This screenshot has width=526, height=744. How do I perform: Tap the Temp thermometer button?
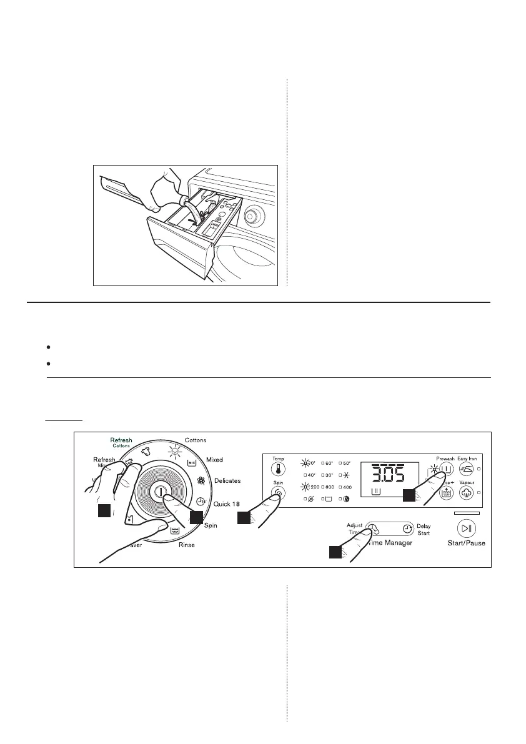(278, 469)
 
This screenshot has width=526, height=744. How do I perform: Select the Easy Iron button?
(466, 469)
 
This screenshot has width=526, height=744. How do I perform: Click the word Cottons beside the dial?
(196, 440)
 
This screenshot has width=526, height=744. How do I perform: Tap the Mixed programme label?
(214, 460)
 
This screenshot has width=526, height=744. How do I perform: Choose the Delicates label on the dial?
(227, 481)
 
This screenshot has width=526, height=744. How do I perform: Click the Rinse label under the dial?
(186, 545)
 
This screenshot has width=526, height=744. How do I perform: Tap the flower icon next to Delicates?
(201, 482)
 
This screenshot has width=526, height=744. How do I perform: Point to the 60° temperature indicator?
(327, 463)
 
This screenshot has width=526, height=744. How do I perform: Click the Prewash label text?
(445, 458)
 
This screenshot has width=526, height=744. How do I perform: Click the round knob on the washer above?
(252, 217)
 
